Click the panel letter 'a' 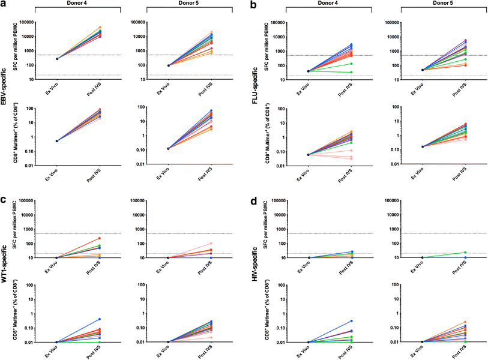coord(4,5)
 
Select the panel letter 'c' coord(4,191)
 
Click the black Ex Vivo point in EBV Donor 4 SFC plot coord(57,59)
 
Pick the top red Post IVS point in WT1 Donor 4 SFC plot coord(99,221)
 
